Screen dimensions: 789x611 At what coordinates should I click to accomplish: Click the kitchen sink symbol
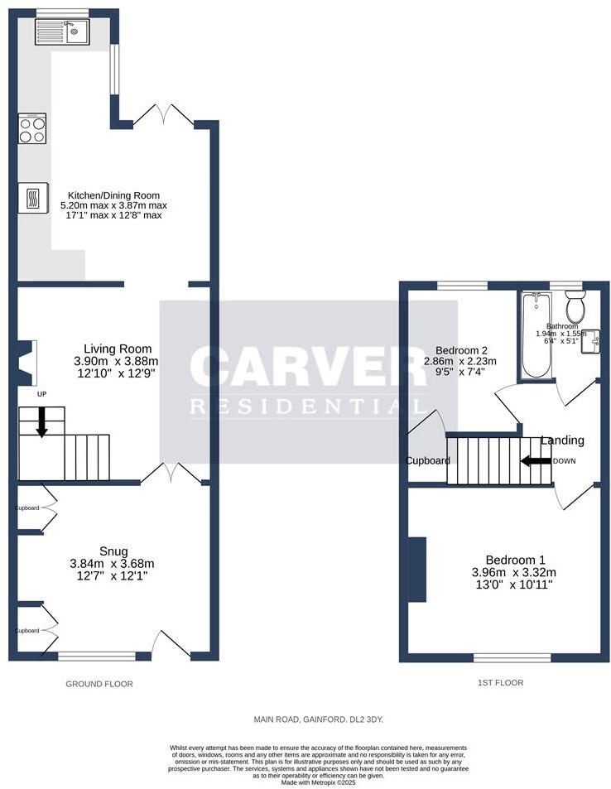62,32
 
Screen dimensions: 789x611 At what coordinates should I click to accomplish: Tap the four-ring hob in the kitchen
32,130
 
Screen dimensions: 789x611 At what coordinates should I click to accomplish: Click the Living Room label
118,349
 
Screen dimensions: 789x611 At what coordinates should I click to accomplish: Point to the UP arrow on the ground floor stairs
41,422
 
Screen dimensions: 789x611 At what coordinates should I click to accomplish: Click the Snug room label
113,551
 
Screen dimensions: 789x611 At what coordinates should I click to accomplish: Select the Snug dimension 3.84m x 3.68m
113,564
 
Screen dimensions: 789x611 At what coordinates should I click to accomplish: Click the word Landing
562,440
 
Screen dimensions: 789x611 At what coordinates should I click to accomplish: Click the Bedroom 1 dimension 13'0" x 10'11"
513,584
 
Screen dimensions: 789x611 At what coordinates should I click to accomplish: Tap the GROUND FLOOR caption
99,684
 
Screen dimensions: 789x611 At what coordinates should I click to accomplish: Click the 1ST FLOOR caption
500,683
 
